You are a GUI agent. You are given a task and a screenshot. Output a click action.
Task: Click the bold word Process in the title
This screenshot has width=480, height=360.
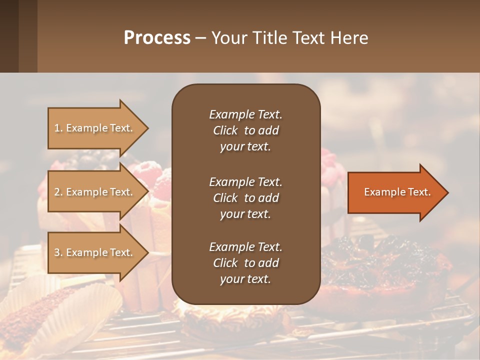pos(157,38)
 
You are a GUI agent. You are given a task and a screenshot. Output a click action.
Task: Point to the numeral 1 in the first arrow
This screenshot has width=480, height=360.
pos(57,128)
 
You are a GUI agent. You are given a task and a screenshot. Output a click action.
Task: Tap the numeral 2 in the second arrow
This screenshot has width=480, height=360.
pos(57,192)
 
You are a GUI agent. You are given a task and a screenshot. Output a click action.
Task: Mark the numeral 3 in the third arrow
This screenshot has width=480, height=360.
pos(57,252)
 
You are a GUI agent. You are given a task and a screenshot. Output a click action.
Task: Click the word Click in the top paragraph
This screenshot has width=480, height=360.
pos(225,130)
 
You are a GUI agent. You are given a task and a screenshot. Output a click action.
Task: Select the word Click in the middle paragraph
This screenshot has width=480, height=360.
pos(225,198)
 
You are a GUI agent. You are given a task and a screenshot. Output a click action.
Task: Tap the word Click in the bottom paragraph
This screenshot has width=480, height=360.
pos(225,263)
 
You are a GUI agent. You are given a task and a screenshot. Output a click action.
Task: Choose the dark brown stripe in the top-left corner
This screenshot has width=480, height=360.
pos(9,36)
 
